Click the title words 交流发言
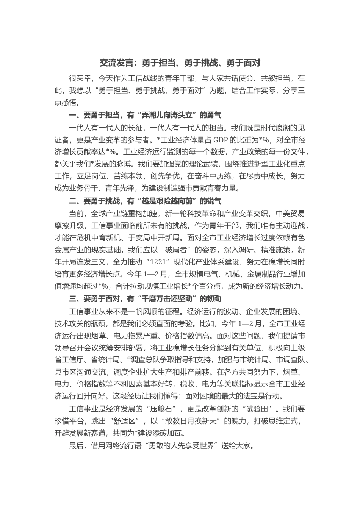coord(113,62)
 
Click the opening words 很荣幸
coord(80,79)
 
